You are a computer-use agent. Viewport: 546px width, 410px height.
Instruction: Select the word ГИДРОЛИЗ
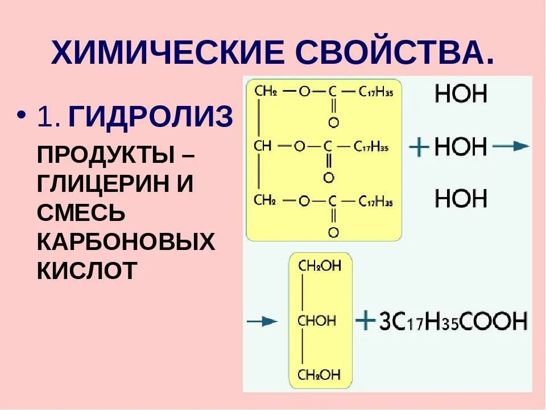coord(151,118)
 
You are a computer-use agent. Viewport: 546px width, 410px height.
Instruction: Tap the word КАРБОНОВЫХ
coord(126,241)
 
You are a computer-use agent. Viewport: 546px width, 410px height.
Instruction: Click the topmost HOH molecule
coord(461,94)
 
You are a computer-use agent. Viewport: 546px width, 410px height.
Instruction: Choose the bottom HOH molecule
coord(461,199)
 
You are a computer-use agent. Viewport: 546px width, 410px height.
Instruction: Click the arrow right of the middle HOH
coord(510,147)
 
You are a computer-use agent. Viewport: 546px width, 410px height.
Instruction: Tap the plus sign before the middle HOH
coord(419,147)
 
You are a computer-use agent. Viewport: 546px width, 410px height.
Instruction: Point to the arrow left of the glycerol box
coord(262,322)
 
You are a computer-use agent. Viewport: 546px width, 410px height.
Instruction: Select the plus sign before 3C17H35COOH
coord(365,321)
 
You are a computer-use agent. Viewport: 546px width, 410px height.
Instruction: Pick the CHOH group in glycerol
coord(317,321)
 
